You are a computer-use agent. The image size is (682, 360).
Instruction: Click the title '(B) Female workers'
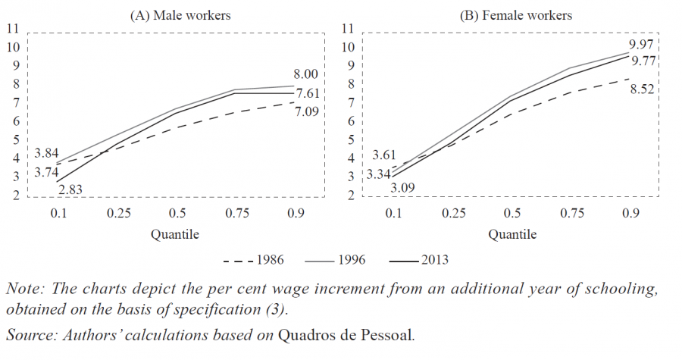click(516, 15)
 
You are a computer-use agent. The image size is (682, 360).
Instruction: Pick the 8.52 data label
click(641, 90)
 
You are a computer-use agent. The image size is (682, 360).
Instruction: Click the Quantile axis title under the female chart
click(511, 234)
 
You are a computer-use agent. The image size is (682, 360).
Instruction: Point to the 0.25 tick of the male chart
click(117, 214)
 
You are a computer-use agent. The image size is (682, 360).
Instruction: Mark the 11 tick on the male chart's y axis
click(12, 30)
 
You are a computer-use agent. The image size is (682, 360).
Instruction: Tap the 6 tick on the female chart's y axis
click(349, 121)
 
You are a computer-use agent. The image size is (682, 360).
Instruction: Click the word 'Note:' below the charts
click(22, 290)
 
